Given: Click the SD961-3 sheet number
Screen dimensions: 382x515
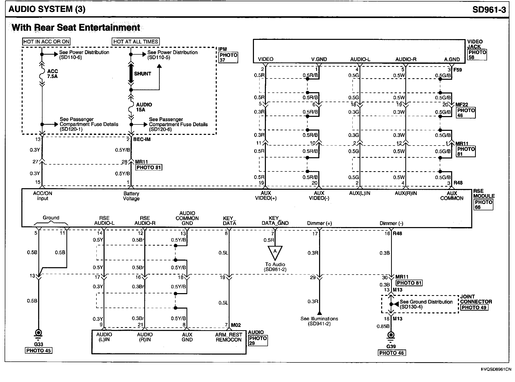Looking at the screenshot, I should [489, 9].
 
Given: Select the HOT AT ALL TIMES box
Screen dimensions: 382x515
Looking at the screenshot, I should [136, 42].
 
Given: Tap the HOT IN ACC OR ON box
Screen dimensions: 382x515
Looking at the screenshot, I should [46, 42].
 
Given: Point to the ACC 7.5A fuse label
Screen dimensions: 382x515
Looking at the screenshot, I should [52, 74].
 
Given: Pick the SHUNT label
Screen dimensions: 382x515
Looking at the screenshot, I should [142, 74].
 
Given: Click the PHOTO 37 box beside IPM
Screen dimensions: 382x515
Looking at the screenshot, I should [228, 57].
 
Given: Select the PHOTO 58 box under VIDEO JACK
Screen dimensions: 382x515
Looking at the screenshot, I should [477, 55].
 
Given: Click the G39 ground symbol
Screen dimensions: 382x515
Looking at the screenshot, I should [391, 336].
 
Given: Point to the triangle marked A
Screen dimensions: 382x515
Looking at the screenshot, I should [275, 252].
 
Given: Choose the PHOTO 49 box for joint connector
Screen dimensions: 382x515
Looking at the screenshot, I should [474, 307].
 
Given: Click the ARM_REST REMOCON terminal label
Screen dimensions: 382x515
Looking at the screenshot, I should [228, 337].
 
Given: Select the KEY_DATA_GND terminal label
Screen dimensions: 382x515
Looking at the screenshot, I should [275, 220].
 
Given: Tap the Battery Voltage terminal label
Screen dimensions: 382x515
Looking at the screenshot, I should [131, 196].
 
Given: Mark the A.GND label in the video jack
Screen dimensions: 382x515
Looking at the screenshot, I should [452, 59].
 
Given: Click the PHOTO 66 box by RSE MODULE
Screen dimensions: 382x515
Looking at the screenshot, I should [483, 204].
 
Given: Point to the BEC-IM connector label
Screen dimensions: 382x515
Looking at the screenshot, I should [142, 139].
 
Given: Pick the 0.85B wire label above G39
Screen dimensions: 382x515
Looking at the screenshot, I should [383, 326].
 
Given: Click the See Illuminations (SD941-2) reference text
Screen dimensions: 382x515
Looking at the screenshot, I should [319, 321].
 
